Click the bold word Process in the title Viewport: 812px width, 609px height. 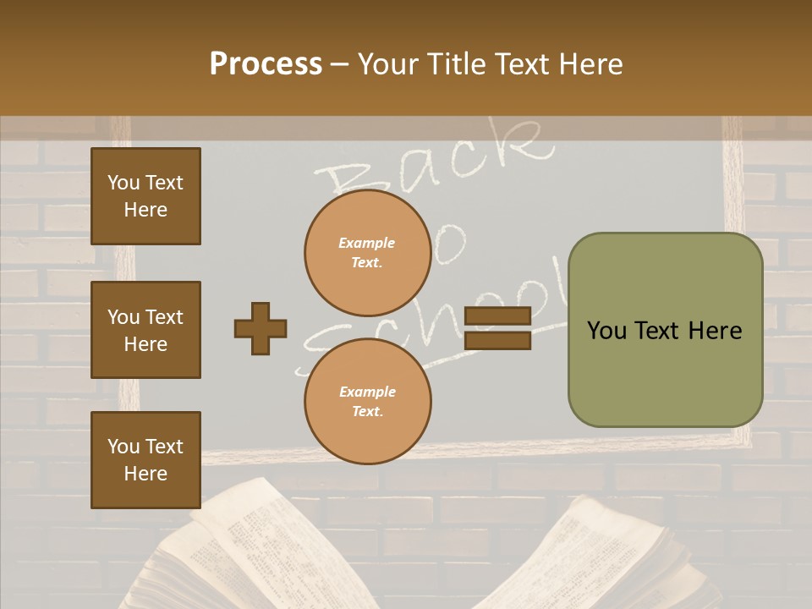click(x=266, y=64)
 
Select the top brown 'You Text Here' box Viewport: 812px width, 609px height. click(x=145, y=196)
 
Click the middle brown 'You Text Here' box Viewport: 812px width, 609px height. click(x=145, y=330)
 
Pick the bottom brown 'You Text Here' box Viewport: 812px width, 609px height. click(x=145, y=460)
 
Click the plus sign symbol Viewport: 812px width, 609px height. click(x=261, y=328)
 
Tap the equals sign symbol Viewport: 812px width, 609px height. click(x=497, y=328)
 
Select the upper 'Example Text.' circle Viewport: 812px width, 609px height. click(x=368, y=252)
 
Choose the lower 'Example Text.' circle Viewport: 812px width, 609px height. click(x=368, y=401)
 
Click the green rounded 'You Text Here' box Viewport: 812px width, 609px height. click(x=665, y=330)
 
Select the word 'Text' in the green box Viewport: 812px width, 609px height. click(x=665, y=331)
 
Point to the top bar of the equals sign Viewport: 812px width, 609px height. click(x=497, y=316)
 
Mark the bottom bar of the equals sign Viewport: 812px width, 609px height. click(x=497, y=340)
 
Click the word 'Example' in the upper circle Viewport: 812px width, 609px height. click(x=367, y=243)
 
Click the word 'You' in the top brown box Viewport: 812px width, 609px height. click(x=123, y=183)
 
